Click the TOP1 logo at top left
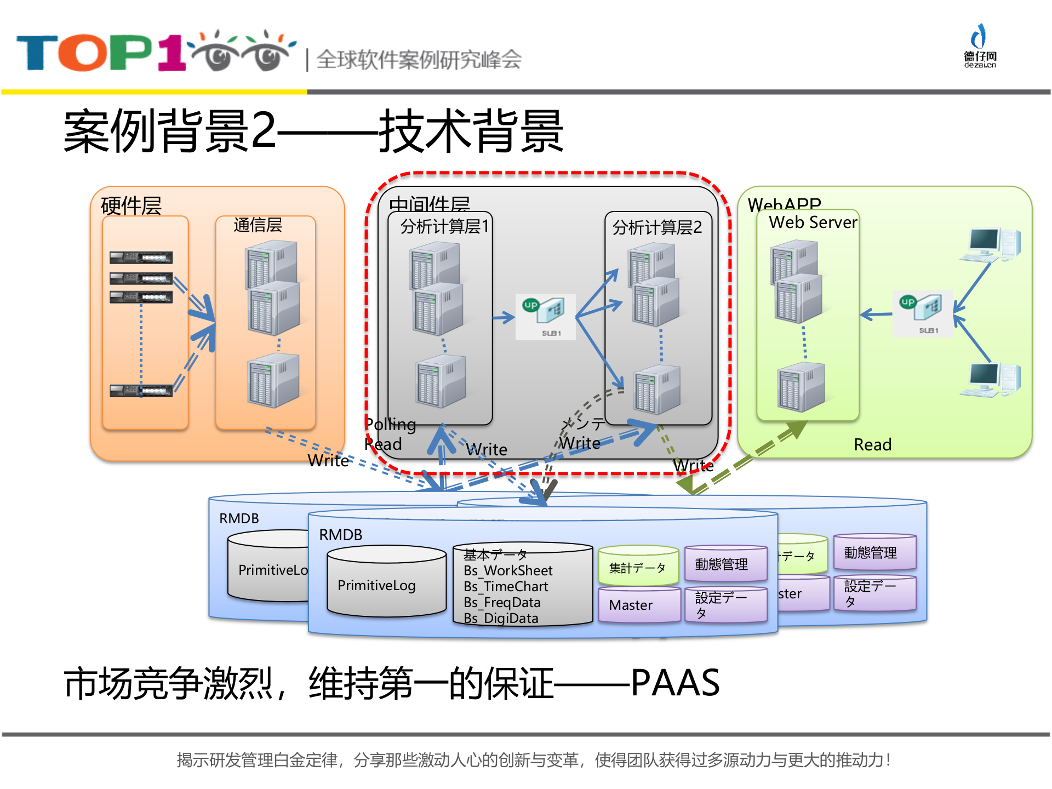153,52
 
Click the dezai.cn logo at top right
980,47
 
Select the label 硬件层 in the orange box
131,206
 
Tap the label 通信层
258,225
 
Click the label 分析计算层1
444,226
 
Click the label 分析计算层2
656,227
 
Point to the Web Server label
813,222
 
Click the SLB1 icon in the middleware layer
545,316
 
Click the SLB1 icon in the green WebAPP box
923,313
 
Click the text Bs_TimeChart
506,586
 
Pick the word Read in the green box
872,444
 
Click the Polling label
391,424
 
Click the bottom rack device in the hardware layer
141,390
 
